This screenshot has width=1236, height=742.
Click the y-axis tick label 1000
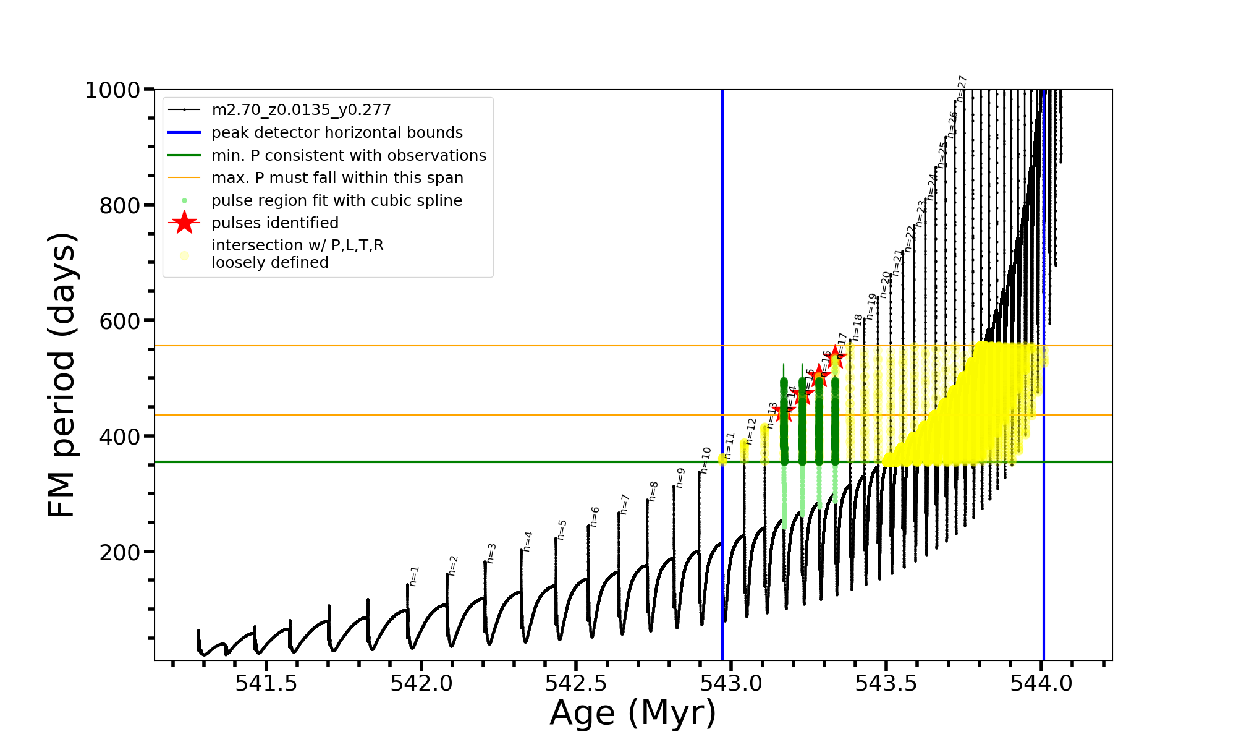[x=112, y=90]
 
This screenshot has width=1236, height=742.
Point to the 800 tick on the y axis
[x=120, y=205]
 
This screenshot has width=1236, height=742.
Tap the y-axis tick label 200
[x=120, y=552]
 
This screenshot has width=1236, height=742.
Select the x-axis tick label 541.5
[x=266, y=683]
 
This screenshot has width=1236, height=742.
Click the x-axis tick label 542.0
[x=421, y=683]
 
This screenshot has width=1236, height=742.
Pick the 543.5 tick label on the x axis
[x=886, y=683]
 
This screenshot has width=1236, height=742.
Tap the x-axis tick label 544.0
[x=1041, y=683]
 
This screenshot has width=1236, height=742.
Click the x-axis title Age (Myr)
[x=633, y=712]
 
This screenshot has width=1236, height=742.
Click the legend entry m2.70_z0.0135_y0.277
[x=301, y=110]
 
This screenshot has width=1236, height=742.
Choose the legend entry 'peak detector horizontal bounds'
[x=337, y=133]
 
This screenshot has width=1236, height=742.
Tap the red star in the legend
[x=184, y=223]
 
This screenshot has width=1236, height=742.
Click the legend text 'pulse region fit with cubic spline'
[x=336, y=201]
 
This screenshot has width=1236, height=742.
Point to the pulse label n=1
[x=414, y=576]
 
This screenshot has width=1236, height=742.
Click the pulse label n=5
[x=562, y=529]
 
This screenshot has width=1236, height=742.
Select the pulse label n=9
[x=680, y=477]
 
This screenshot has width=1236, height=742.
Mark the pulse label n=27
[x=962, y=88]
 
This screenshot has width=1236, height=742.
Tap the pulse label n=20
[x=885, y=284]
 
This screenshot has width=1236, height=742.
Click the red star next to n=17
[x=835, y=356]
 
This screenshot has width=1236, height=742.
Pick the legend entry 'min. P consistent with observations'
[x=349, y=156]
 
